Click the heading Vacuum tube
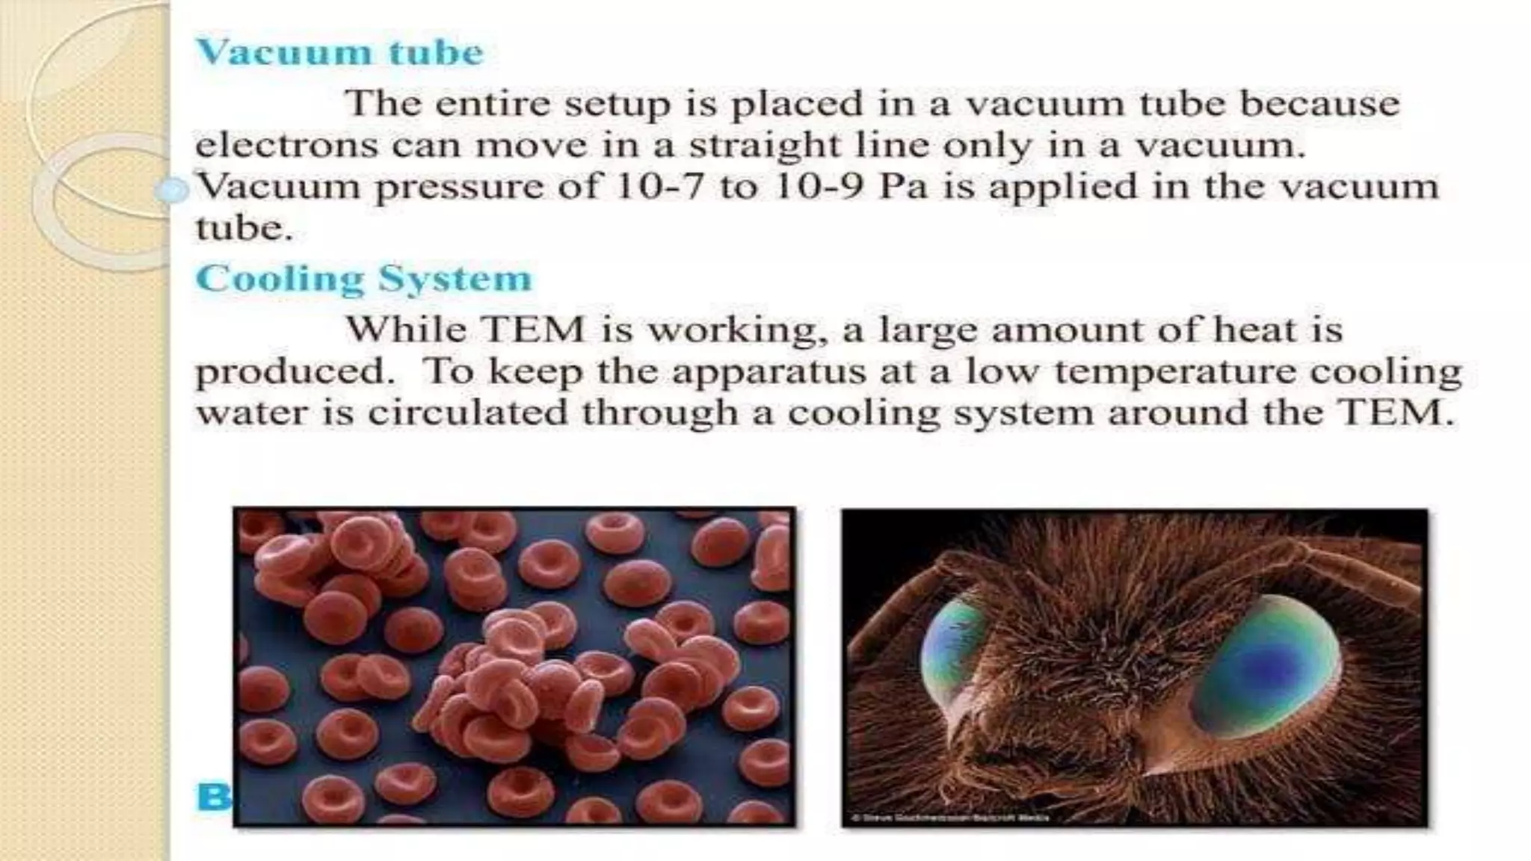[339, 52]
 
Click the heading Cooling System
[363, 279]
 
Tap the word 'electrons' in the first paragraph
[286, 145]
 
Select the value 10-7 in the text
[659, 186]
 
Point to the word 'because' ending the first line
[1319, 103]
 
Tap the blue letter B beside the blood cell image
[213, 797]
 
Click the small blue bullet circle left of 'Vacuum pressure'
[172, 191]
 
